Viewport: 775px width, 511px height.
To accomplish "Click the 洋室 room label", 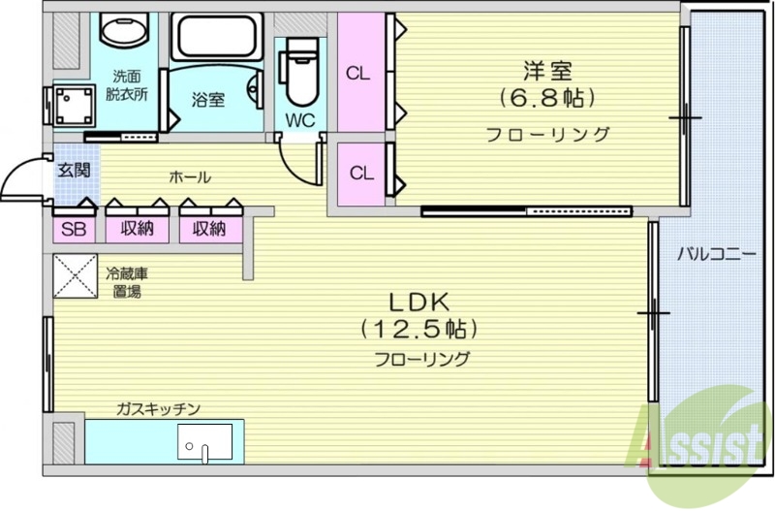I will click(547, 71).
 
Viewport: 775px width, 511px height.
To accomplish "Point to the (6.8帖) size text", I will click(547, 98).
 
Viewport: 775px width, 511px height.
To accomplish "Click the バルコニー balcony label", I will click(716, 255).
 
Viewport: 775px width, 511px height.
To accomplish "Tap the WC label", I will click(298, 121).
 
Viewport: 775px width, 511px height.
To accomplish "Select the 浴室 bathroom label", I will click(207, 99).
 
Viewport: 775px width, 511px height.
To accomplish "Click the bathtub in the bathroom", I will click(215, 36).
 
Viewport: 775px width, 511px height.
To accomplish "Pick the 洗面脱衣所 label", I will click(125, 85).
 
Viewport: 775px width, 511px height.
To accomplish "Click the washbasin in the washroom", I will click(125, 32).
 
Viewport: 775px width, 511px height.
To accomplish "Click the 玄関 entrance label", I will click(72, 171).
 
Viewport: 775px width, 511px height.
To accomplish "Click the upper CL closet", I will click(357, 72).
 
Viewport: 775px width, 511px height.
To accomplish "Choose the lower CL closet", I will click(360, 174).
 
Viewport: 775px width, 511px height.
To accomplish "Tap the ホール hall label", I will click(190, 177).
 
